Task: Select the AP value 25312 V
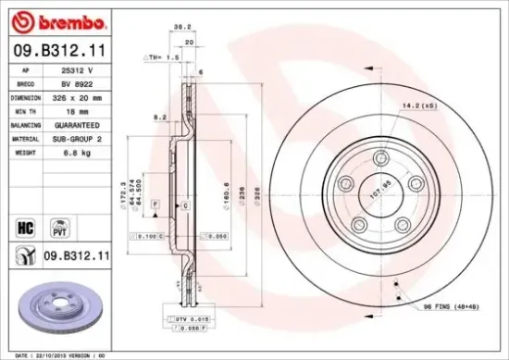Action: (x=77, y=69)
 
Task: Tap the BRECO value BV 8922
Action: (x=77, y=82)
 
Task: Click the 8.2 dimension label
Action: (x=158, y=118)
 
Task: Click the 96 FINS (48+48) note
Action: (x=451, y=306)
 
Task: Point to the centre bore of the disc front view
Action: (x=371, y=196)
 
